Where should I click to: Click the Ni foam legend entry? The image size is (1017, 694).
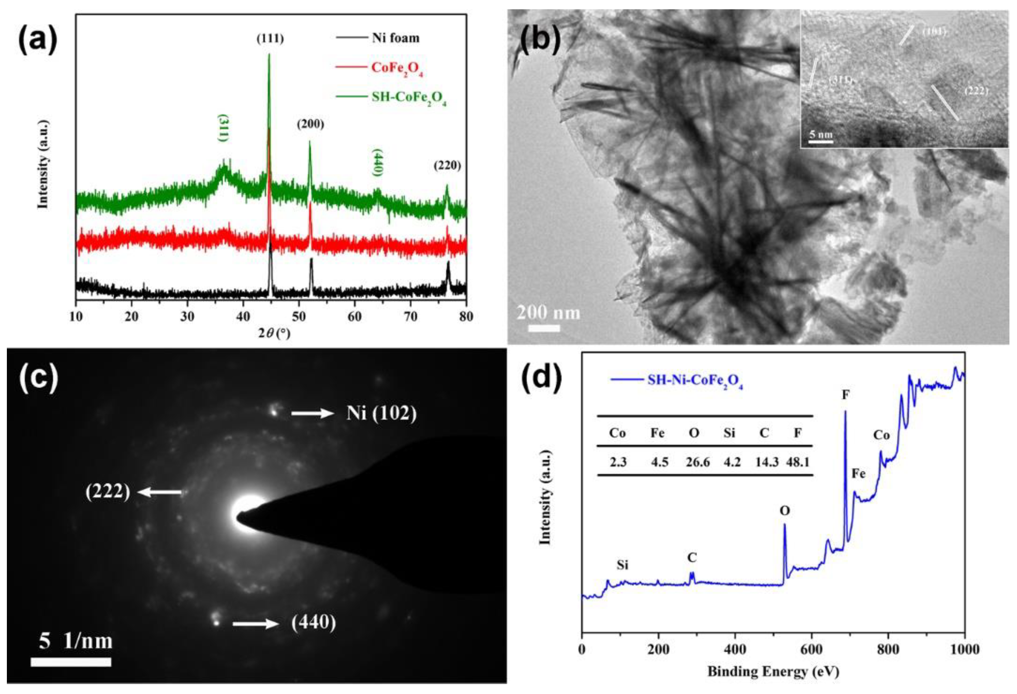point(395,38)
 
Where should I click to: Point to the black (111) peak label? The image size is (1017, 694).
point(270,39)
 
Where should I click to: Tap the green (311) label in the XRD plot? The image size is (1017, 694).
point(223,128)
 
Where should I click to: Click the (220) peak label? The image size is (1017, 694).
point(447,166)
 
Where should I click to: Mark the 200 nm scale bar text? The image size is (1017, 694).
point(548,313)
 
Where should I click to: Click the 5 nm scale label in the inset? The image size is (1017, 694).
point(820,134)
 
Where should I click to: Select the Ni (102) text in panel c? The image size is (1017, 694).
point(381,412)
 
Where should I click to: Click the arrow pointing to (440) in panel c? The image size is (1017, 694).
point(255,624)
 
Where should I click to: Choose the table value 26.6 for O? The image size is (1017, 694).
point(697,462)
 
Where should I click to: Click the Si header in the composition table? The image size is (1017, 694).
point(729,433)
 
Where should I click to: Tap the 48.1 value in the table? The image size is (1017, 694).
point(797,462)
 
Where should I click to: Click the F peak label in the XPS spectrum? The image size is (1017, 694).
point(846,395)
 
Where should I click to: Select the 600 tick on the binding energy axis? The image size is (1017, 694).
point(812,649)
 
